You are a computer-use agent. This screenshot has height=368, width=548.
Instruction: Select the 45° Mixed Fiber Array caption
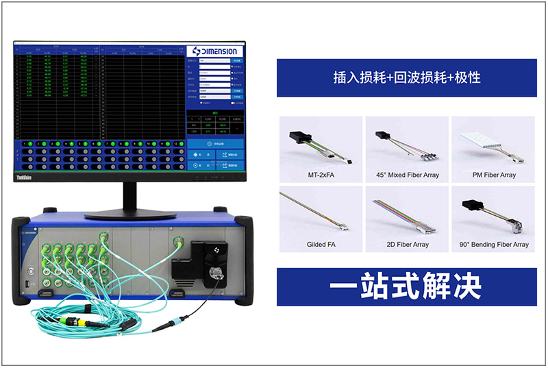(x=407, y=175)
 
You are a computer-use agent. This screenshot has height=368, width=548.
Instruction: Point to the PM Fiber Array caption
(x=493, y=175)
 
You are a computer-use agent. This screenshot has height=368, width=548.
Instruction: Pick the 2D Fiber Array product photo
(x=407, y=214)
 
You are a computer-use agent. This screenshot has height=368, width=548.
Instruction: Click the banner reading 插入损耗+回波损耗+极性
(x=407, y=77)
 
